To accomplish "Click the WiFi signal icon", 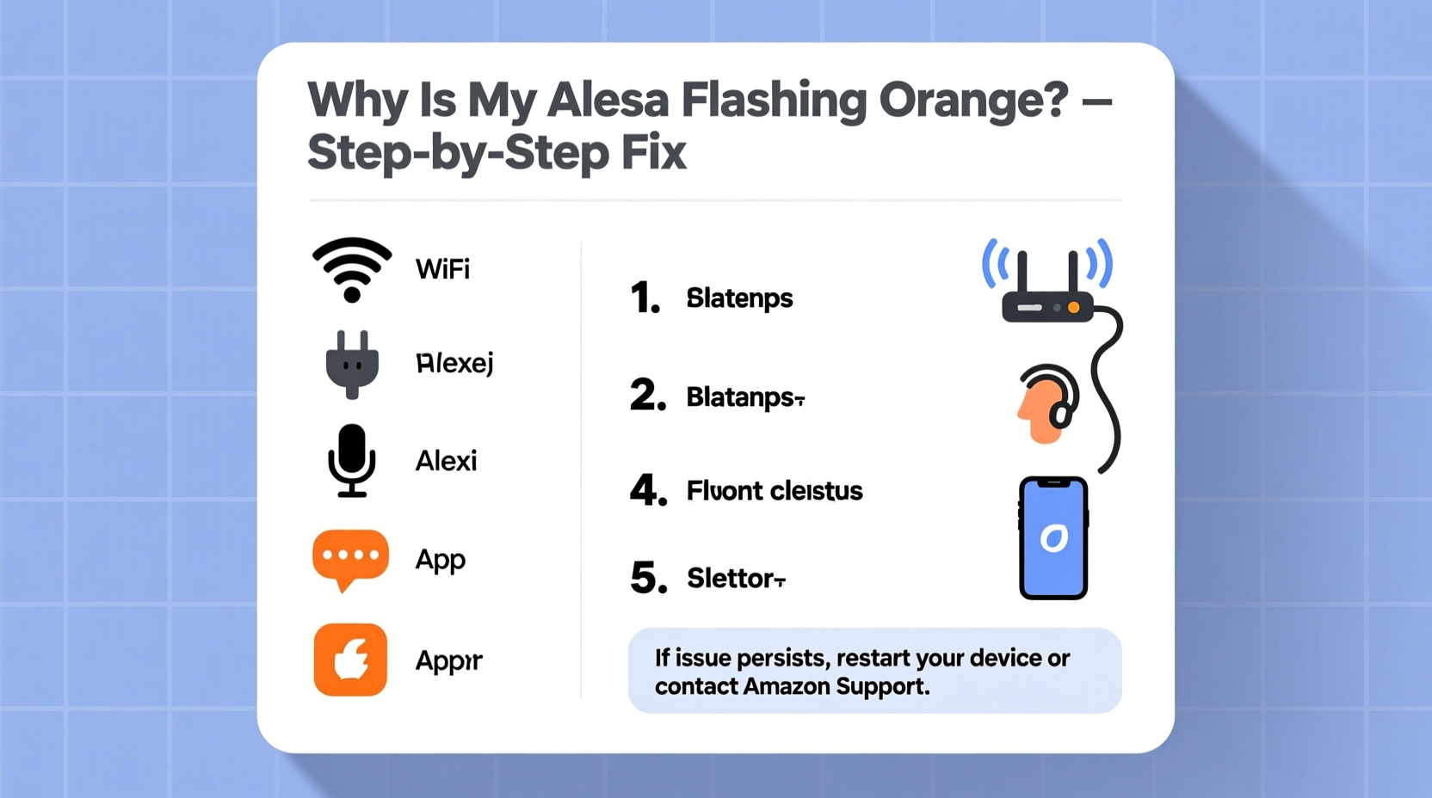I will [351, 269].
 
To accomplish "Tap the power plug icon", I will [352, 364].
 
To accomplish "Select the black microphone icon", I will [351, 460].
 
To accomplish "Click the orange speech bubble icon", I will [349, 558].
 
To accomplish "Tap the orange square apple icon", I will [350, 660].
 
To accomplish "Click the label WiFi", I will [442, 269].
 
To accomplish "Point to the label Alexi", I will [446, 461].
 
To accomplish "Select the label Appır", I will [448, 660].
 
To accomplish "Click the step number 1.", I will [645, 298].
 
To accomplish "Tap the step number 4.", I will [648, 490].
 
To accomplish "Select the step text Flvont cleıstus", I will [774, 491].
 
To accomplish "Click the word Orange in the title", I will [973, 101].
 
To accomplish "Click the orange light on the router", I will [1073, 307].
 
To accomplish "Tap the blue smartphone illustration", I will [1053, 537].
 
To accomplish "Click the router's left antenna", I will [1022, 273].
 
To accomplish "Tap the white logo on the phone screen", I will [1053, 538].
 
